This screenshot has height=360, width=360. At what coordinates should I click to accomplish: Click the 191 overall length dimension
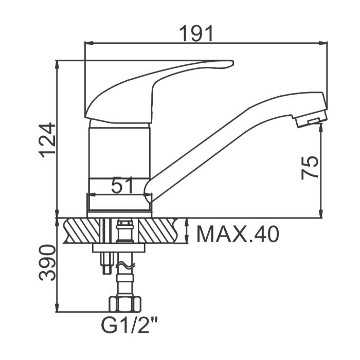196,33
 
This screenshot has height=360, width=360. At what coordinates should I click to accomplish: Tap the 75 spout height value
310,167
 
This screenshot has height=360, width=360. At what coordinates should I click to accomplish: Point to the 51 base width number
122,185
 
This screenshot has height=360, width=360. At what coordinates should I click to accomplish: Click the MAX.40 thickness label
238,234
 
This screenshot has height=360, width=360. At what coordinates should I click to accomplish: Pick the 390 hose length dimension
47,263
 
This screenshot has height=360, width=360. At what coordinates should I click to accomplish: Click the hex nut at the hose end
125,304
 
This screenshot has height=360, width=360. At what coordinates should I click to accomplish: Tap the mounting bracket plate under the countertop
119,248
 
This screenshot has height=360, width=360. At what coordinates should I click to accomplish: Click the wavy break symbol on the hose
125,266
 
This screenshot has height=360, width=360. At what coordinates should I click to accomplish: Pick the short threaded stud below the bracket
106,263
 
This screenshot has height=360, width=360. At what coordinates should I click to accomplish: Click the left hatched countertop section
82,231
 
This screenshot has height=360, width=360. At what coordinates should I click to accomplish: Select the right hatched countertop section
158,231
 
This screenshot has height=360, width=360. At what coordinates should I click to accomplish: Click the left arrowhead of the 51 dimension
92,195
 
